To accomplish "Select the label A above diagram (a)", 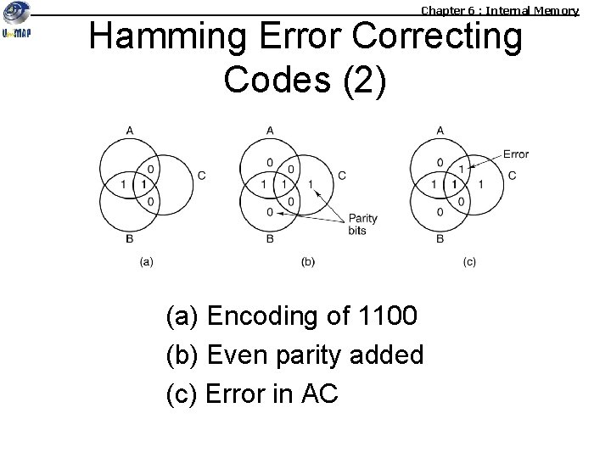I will click(129, 130).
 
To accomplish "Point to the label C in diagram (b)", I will click(341, 176).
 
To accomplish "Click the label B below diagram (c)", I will click(440, 239).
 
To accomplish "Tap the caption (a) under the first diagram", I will click(146, 262).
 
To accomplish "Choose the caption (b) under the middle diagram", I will click(308, 262).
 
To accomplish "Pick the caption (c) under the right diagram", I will click(469, 262).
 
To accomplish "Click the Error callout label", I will click(515, 154).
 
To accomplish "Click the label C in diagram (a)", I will click(201, 176).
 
